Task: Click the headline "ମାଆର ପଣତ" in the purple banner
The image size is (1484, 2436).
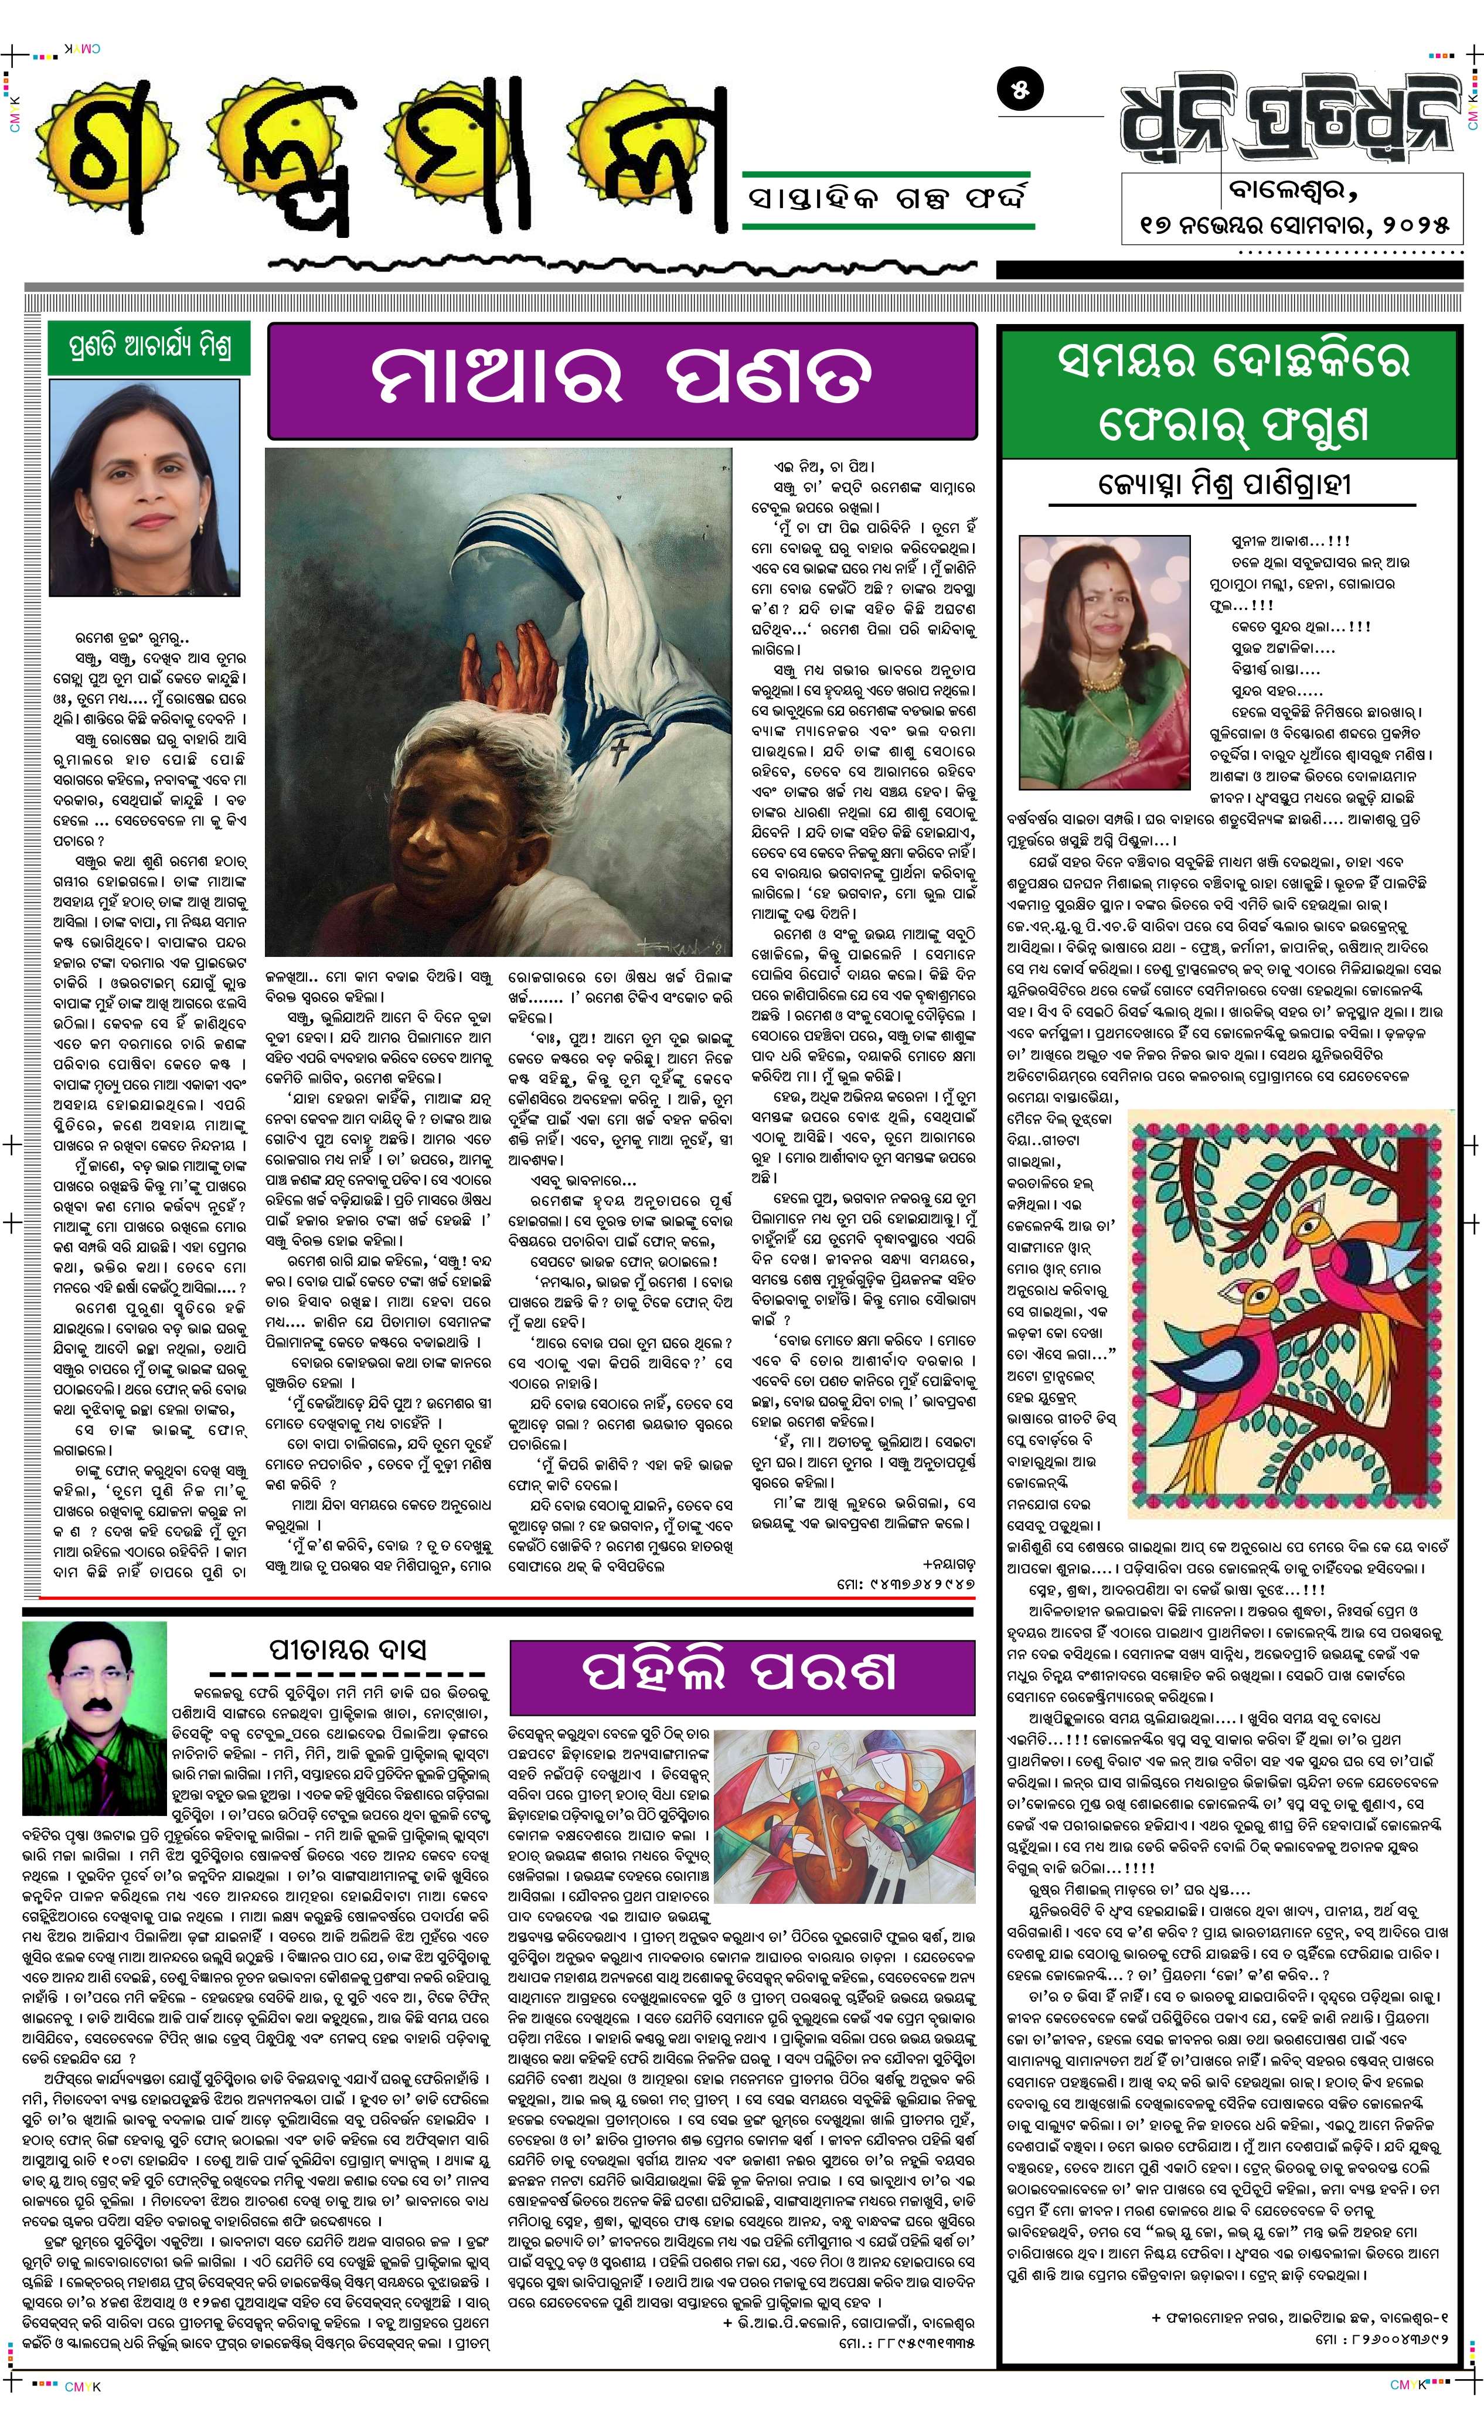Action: pos(621,381)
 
